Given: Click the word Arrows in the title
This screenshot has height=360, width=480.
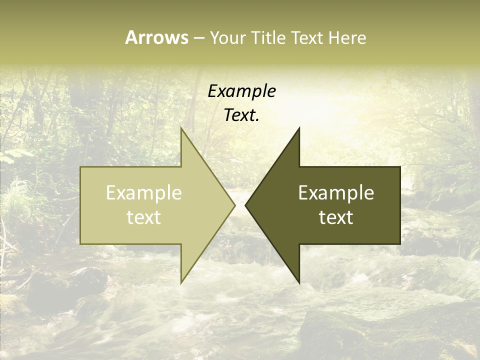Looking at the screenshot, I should tap(156, 37).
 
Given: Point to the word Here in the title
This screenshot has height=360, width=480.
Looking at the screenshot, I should tap(347, 38).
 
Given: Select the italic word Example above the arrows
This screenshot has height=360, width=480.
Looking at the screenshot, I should tap(242, 91).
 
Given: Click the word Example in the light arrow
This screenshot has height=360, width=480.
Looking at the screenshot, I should tap(144, 193).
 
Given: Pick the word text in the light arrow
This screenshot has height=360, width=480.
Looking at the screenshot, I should tap(144, 217).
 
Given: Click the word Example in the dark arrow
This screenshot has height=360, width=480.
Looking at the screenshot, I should tap(336, 193).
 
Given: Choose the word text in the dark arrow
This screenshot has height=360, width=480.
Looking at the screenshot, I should tap(336, 217).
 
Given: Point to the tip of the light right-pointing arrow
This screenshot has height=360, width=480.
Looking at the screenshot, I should tap(235, 205).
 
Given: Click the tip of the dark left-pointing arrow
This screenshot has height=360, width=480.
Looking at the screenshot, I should tap(245, 205).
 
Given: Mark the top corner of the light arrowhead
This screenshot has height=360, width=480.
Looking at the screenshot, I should tap(181, 127).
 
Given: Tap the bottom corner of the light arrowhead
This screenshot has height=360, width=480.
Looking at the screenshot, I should tap(181, 283).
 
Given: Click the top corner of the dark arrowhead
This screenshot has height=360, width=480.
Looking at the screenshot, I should tap(299, 127).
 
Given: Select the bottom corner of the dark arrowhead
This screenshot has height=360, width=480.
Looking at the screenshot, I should tap(299, 283).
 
